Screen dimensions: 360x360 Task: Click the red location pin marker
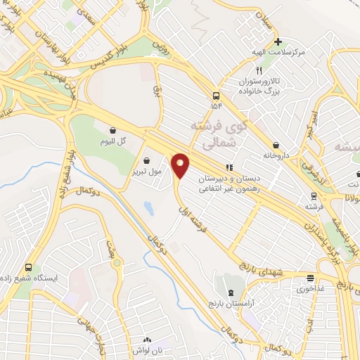click(181, 166)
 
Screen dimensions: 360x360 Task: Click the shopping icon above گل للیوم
click(112, 129)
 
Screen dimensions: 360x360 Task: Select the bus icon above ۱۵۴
click(215, 96)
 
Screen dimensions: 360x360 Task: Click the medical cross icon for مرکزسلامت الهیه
click(278, 41)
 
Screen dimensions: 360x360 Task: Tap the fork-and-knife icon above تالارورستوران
click(259, 71)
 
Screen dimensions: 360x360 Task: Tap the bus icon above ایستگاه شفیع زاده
click(29, 267)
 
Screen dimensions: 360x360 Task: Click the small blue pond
click(148, 208)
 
